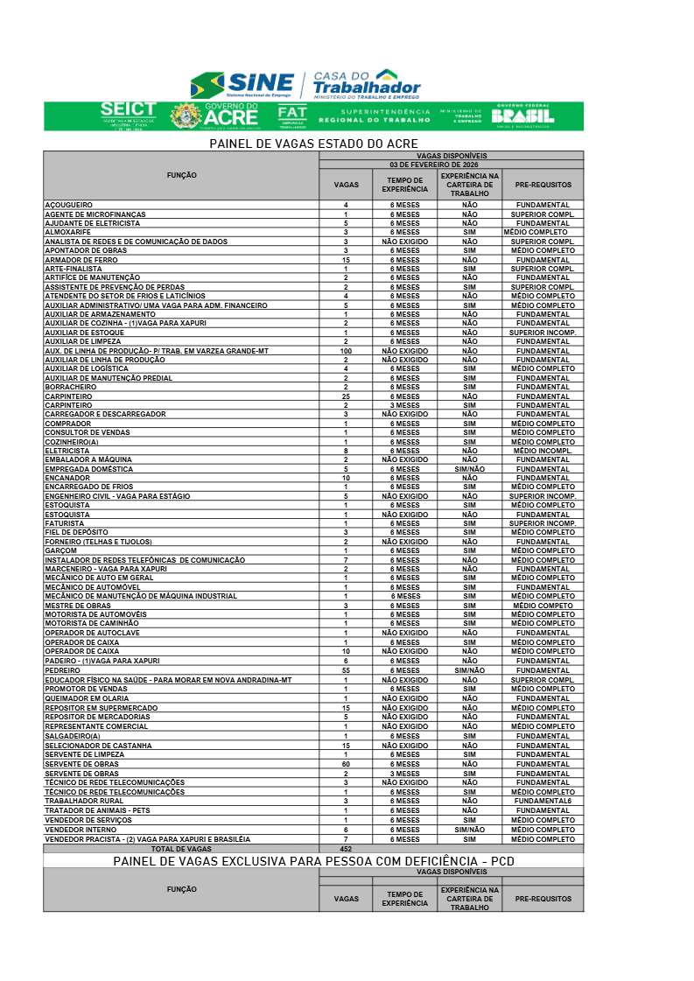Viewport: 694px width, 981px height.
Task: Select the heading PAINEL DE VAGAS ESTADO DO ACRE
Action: click(x=313, y=144)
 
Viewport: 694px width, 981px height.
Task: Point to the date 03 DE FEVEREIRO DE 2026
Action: click(x=451, y=165)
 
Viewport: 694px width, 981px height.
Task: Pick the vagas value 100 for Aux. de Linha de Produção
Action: click(x=346, y=351)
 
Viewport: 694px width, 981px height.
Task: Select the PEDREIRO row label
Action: click(x=63, y=669)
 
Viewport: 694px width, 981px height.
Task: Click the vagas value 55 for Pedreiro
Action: click(x=346, y=669)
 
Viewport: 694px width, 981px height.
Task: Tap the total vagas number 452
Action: click(x=346, y=849)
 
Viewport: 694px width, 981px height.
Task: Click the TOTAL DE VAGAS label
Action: click(x=181, y=849)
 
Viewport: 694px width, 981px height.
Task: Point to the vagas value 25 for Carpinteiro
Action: click(x=346, y=396)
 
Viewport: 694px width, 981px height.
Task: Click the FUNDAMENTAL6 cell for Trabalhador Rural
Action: click(x=543, y=801)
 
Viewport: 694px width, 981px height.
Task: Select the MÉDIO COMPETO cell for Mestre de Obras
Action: click(x=543, y=606)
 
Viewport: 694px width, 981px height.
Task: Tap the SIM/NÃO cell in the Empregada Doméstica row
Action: click(x=470, y=469)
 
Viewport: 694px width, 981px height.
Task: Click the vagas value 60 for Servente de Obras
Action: click(x=346, y=764)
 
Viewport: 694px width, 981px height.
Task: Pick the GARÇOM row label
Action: click(x=61, y=550)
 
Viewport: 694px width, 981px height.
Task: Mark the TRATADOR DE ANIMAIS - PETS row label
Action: click(x=98, y=810)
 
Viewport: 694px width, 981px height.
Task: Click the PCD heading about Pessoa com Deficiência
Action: click(x=313, y=861)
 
